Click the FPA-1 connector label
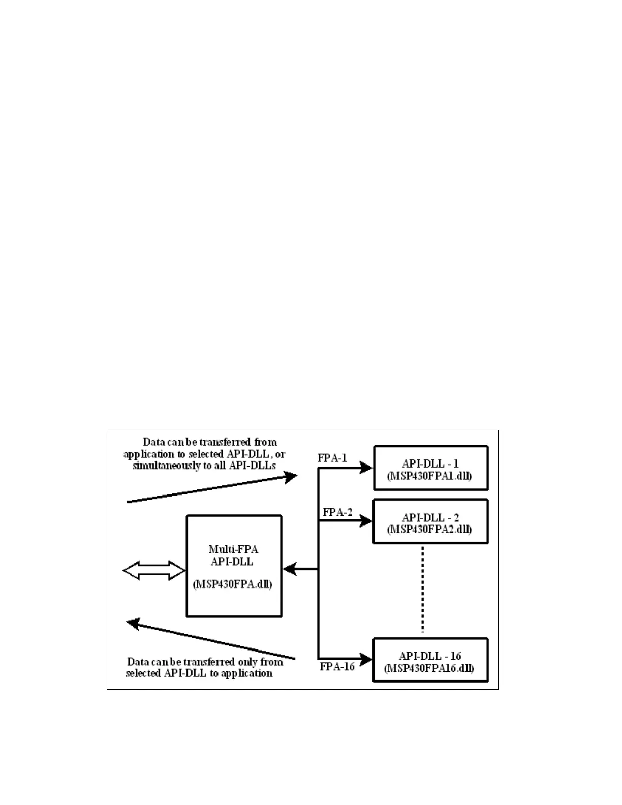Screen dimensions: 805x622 pyautogui.click(x=332, y=458)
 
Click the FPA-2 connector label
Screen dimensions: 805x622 pyautogui.click(x=337, y=512)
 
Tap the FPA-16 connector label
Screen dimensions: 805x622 pyautogui.click(x=337, y=666)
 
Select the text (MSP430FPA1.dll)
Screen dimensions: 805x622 pyautogui.click(x=429, y=476)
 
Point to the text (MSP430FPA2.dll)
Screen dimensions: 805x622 pyautogui.click(x=429, y=530)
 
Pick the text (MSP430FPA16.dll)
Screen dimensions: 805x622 pyautogui.click(x=429, y=668)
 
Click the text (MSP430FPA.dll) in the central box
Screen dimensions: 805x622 pyautogui.click(x=232, y=584)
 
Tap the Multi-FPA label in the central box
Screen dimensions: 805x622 pyautogui.click(x=233, y=549)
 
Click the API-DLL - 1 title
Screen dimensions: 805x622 pyautogui.click(x=430, y=463)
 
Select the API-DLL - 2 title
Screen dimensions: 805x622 pyautogui.click(x=430, y=517)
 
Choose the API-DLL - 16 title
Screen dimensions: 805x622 pyautogui.click(x=430, y=656)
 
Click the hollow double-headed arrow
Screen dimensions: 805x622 pyautogui.click(x=154, y=571)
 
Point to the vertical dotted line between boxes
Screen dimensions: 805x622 pyautogui.click(x=423, y=590)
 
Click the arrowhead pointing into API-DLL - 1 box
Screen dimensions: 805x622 pyautogui.click(x=366, y=468)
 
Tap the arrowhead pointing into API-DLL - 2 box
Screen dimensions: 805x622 pyautogui.click(x=366, y=521)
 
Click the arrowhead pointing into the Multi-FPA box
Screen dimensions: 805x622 pyautogui.click(x=289, y=569)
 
